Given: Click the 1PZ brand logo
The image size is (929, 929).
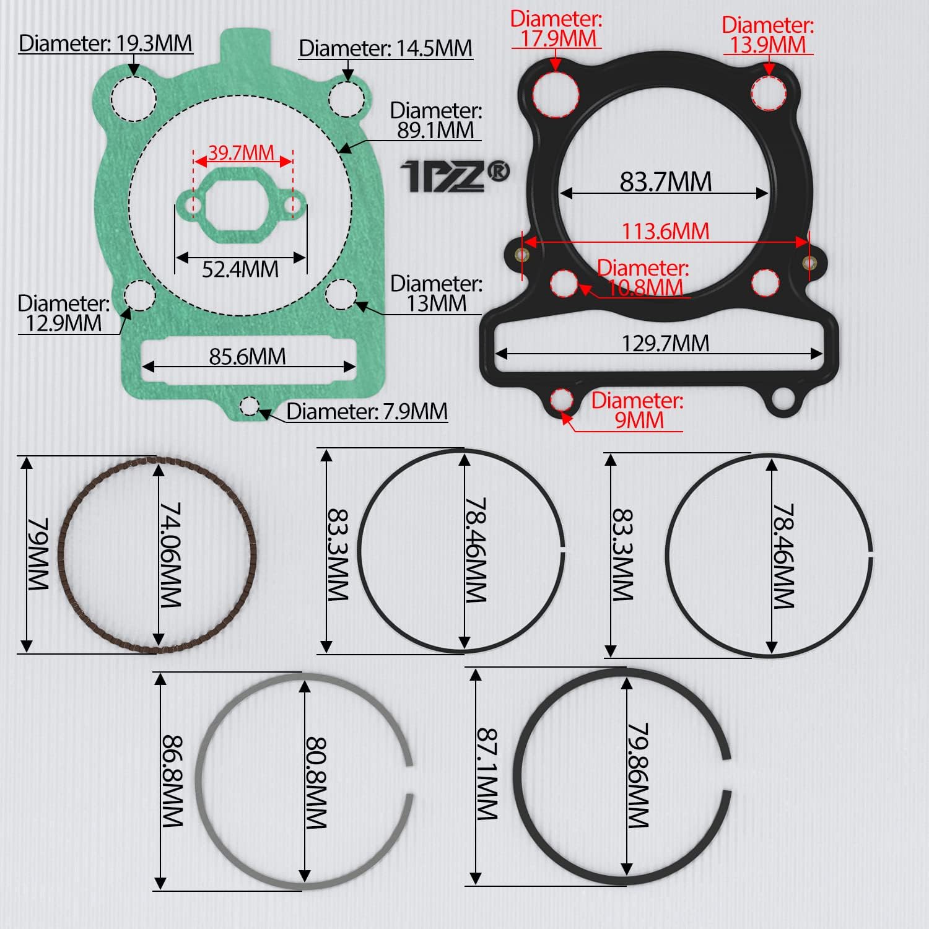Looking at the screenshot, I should click(x=455, y=176).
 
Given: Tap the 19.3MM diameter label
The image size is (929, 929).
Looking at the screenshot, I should click(x=105, y=43).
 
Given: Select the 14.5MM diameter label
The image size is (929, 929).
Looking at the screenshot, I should click(x=385, y=48).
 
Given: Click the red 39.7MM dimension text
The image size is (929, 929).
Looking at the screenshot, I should click(x=241, y=152).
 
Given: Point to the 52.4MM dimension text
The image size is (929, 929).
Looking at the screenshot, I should click(x=240, y=269).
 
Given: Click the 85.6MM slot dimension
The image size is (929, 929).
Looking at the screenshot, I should click(x=247, y=356).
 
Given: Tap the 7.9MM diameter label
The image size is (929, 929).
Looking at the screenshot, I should click(x=367, y=411).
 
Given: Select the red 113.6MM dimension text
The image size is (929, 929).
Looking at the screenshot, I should click(x=665, y=231).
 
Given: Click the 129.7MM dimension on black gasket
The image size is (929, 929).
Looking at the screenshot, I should click(x=665, y=342).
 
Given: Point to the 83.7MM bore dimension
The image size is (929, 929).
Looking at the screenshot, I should click(x=665, y=181).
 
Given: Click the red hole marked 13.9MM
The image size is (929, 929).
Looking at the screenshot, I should click(x=769, y=94).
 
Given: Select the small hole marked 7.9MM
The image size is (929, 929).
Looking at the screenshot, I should click(x=249, y=406).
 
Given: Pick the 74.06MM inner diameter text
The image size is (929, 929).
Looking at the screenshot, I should click(x=170, y=554).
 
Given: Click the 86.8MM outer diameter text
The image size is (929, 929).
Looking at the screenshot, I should click(x=172, y=781).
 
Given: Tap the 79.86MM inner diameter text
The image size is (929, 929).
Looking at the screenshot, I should click(x=638, y=775).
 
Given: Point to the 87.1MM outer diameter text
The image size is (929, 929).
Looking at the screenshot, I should click(x=487, y=774).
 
